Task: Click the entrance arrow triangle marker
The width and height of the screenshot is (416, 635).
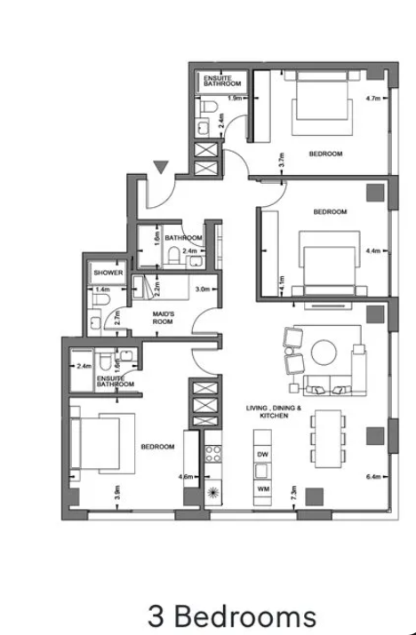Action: coord(161,167)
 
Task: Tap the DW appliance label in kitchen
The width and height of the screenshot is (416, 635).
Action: coord(263,455)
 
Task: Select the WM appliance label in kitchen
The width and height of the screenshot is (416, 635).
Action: coord(263,488)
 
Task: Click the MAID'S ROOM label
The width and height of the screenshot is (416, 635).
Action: coord(163,318)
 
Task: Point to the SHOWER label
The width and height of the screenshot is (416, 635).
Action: coord(108,273)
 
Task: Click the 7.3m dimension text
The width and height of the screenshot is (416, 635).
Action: coord(294,492)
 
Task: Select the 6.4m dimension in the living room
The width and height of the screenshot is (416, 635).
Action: coord(373,477)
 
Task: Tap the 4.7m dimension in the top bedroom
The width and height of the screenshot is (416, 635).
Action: coord(372,98)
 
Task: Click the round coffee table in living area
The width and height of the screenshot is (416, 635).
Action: coord(324,353)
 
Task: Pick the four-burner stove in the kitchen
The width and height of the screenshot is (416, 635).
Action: coord(212,454)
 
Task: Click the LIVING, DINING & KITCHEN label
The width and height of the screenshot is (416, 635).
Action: coord(274,411)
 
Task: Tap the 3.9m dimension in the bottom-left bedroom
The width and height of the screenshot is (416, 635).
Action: coord(117,492)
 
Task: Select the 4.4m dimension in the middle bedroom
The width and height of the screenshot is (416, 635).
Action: coord(372,250)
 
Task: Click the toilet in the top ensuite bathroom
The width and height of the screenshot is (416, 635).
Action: coord(209,107)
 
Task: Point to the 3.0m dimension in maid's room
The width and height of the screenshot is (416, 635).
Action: coord(203,290)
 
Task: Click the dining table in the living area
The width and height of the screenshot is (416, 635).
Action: coord(328,439)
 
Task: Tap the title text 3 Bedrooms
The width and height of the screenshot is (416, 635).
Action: coord(232,616)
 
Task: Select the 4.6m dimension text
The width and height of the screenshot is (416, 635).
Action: coord(185,477)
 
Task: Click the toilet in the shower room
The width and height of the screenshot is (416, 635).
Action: coord(101,300)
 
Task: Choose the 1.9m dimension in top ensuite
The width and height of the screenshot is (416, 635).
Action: coord(235,98)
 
